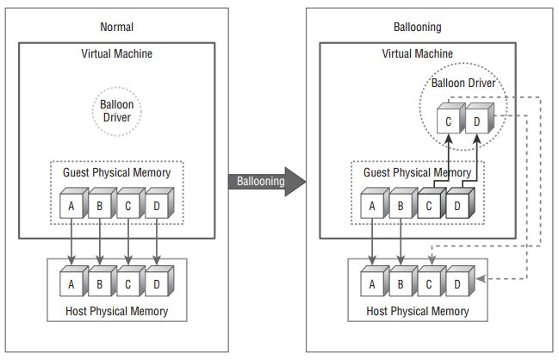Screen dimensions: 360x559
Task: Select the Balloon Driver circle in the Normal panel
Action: [x=116, y=109]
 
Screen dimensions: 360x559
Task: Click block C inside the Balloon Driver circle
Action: [x=446, y=121]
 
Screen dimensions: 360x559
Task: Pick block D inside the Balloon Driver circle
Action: [x=476, y=121]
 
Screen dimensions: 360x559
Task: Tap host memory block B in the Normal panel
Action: [x=99, y=282]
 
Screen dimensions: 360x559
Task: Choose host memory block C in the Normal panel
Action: [x=128, y=282]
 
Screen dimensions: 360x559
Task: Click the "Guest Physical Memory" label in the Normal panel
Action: [x=117, y=172]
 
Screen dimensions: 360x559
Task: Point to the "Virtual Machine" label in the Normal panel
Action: [x=116, y=54]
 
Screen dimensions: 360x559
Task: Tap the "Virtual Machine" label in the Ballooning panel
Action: [x=419, y=54]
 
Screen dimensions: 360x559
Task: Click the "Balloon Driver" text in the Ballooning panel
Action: [x=467, y=85]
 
